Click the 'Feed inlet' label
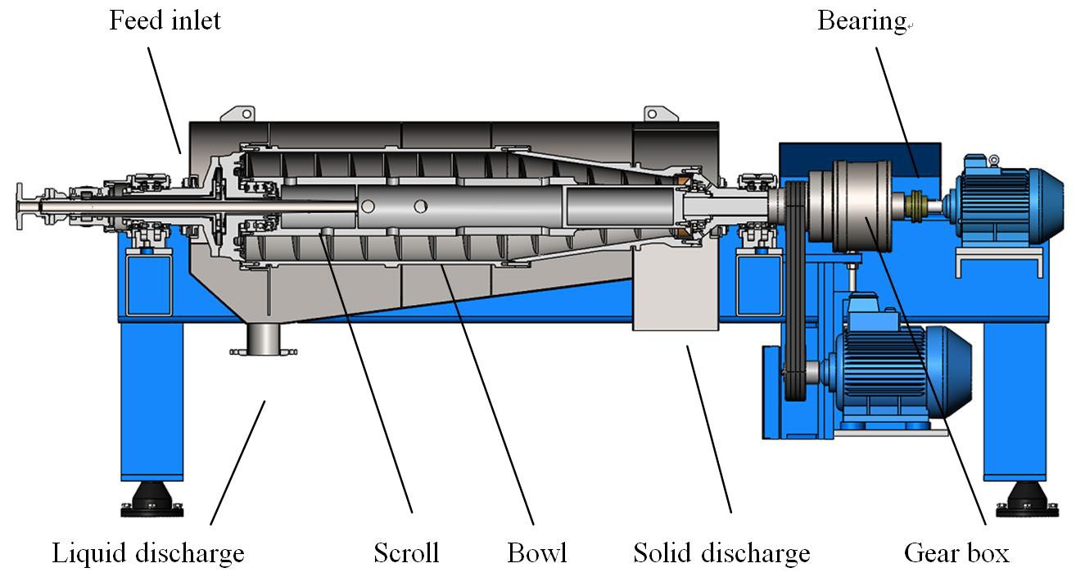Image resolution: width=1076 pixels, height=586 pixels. pyautogui.click(x=165, y=20)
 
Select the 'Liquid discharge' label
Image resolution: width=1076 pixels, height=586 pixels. pyautogui.click(x=148, y=553)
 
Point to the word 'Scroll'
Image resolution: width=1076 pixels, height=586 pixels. pyautogui.click(x=406, y=553)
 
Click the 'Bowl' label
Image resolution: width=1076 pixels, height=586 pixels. pyautogui.click(x=536, y=553)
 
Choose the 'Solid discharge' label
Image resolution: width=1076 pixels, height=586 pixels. pyautogui.click(x=721, y=553)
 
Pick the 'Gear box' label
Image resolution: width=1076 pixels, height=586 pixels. pyautogui.click(x=956, y=553)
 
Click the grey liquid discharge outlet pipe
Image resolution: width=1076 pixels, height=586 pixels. pyautogui.click(x=263, y=338)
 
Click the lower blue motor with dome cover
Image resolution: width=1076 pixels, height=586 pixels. pyautogui.click(x=901, y=366)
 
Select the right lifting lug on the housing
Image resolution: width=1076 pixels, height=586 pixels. pyautogui.click(x=653, y=113)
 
